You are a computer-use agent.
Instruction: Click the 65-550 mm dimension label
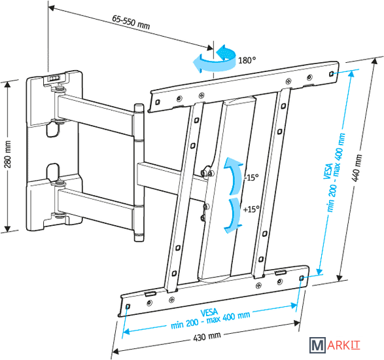(x=131, y=22)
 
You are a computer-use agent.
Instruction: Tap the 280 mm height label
(x=8, y=154)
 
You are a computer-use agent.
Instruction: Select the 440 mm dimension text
(x=357, y=168)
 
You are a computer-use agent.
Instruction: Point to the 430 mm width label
(x=207, y=336)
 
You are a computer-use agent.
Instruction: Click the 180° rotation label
(x=247, y=60)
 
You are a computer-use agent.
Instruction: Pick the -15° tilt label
(x=251, y=177)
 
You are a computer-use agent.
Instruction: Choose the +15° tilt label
(x=251, y=209)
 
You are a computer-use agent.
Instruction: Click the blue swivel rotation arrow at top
(x=215, y=59)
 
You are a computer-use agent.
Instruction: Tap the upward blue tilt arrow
(x=233, y=175)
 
